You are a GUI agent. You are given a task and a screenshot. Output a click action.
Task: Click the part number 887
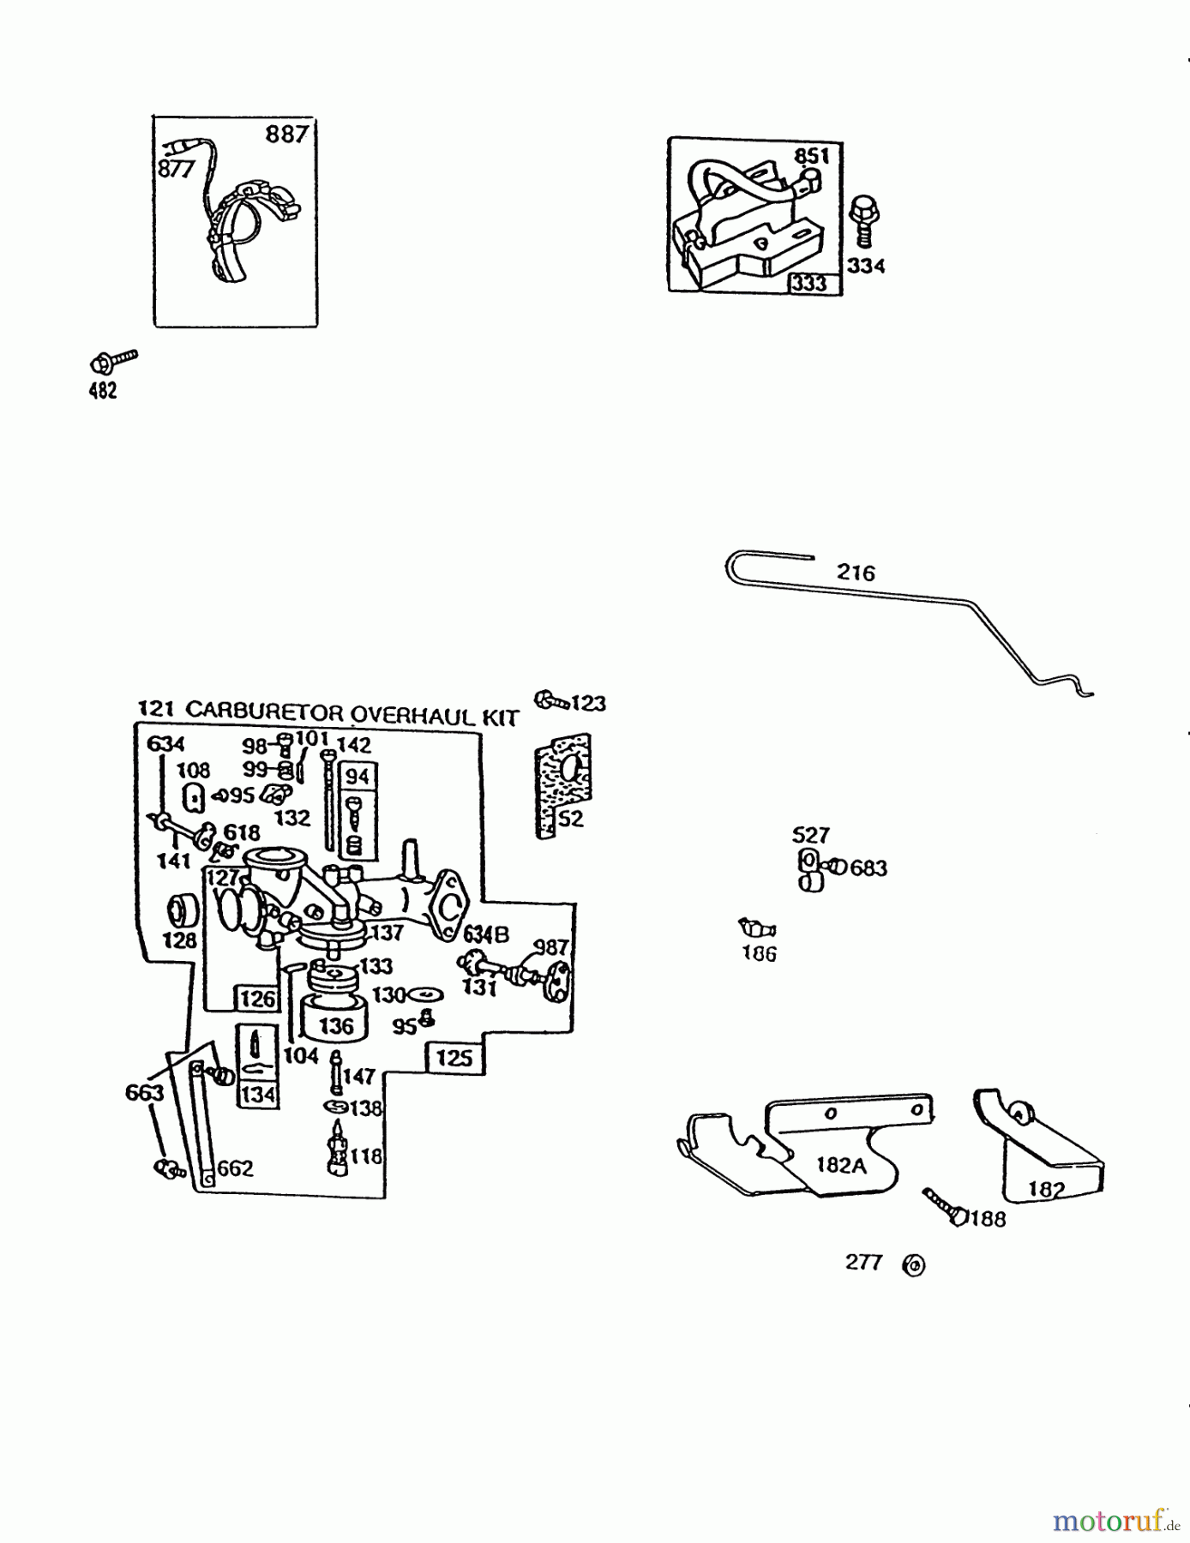point(285,135)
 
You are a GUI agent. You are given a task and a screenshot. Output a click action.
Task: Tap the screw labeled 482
point(113,360)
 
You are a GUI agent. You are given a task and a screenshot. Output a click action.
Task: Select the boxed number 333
point(809,284)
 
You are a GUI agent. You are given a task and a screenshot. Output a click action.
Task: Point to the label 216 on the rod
point(856,573)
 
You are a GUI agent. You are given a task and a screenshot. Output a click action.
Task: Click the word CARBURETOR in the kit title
point(264,711)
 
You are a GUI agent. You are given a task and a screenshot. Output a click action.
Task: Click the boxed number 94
point(357,777)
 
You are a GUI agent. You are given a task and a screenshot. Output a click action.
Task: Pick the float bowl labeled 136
point(335,1017)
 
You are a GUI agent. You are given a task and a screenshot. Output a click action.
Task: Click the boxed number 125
point(454,1058)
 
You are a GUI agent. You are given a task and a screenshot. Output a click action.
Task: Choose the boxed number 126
point(257,999)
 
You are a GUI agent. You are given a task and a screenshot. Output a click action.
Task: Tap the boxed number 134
point(257,1095)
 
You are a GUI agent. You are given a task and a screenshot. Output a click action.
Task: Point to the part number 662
point(235,1168)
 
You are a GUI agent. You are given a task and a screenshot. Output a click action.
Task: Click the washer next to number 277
point(914,1264)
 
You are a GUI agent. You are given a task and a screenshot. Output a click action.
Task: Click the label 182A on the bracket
point(840,1165)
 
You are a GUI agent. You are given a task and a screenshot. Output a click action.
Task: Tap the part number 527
point(810,835)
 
